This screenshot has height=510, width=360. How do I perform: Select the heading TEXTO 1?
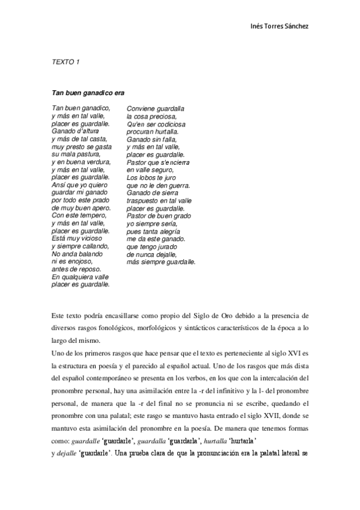pyautogui.click(x=66, y=62)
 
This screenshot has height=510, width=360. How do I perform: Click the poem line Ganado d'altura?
pyautogui.click(x=75, y=131)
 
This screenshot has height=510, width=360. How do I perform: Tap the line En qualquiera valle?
pyautogui.click(x=81, y=277)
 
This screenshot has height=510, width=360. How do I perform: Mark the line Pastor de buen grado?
pyautogui.click(x=159, y=215)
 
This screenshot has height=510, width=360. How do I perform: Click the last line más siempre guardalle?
pyautogui.click(x=161, y=262)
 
